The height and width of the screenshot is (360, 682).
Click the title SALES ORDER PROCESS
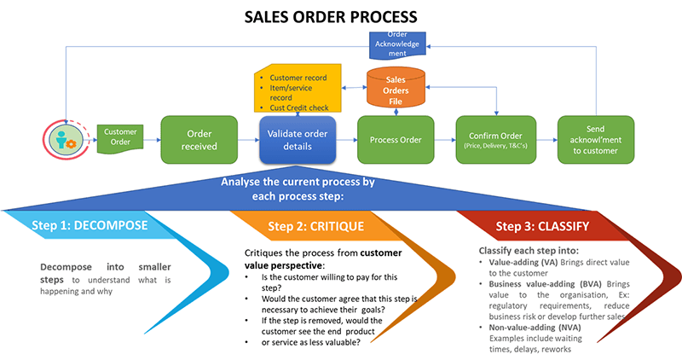coord(341,16)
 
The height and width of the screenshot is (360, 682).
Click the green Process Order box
coord(396,140)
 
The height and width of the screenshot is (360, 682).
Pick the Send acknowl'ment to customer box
coord(594,140)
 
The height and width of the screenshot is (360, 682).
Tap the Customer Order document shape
coord(120,137)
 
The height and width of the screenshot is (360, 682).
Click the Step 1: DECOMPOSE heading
coord(90,226)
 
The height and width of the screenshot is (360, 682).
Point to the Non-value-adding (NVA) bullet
coord(524,327)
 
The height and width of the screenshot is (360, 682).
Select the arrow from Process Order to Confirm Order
coord(445,140)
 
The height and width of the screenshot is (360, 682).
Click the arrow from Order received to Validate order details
coord(247,140)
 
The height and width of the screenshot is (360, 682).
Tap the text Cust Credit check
coord(302,107)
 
